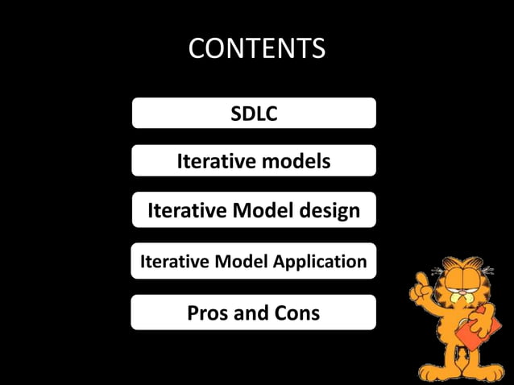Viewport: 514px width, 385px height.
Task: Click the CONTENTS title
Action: [x=256, y=49]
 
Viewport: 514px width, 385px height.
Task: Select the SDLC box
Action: [x=254, y=114]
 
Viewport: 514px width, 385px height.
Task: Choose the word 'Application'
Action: [x=320, y=261]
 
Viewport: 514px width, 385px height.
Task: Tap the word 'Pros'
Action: [x=209, y=313]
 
